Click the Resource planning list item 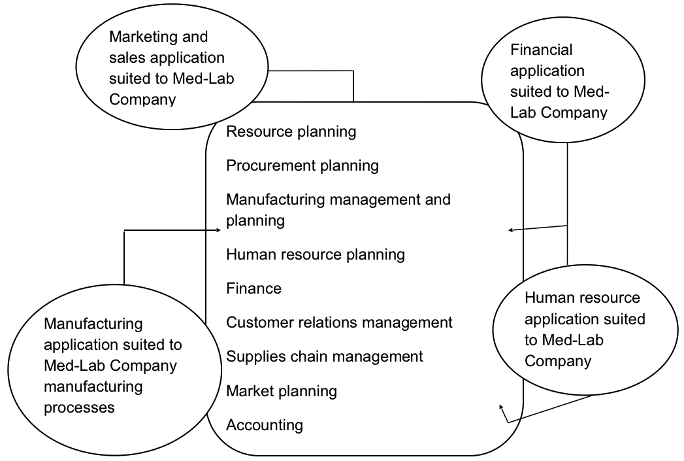(x=291, y=131)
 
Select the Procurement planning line (x=302, y=165)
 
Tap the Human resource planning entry (x=315, y=254)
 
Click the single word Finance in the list (x=253, y=288)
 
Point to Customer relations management (x=338, y=322)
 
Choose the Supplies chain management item (x=324, y=356)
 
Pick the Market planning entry (x=281, y=391)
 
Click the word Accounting (x=264, y=425)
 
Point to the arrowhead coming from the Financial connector (x=511, y=230)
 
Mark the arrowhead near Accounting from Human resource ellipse (x=502, y=408)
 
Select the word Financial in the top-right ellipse (x=541, y=50)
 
